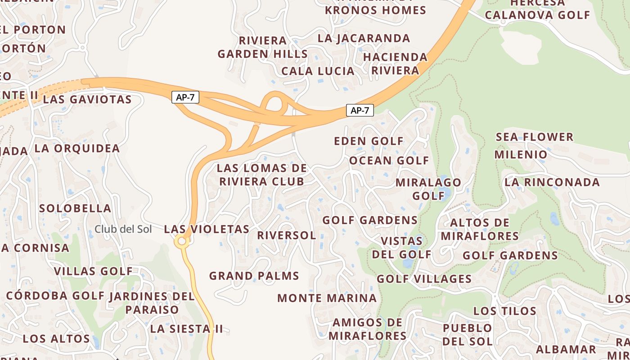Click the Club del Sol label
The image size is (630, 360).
click(x=123, y=229)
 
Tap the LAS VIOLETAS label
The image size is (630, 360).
click(x=207, y=229)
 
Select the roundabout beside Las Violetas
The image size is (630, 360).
click(x=182, y=242)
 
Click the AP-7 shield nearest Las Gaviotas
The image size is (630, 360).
click(x=185, y=97)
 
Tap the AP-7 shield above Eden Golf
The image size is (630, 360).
click(x=360, y=110)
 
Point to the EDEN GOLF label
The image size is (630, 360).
click(x=369, y=141)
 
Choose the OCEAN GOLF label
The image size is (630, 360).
click(x=389, y=160)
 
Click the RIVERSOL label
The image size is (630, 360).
click(x=286, y=235)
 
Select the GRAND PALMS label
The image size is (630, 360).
click(x=254, y=275)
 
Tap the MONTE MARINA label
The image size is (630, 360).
click(x=327, y=298)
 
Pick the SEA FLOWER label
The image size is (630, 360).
click(x=535, y=137)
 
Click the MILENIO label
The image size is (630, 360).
click(x=521, y=155)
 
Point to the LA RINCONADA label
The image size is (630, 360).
click(x=552, y=182)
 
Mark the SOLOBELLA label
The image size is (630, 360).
click(x=75, y=208)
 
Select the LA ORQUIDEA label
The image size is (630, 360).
click(x=77, y=148)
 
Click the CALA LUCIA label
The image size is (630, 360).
click(x=318, y=71)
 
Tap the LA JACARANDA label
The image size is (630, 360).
click(x=364, y=38)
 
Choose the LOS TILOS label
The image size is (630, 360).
click(x=505, y=311)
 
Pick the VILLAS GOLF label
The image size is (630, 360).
click(x=93, y=271)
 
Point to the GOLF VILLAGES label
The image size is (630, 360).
click(x=424, y=279)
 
